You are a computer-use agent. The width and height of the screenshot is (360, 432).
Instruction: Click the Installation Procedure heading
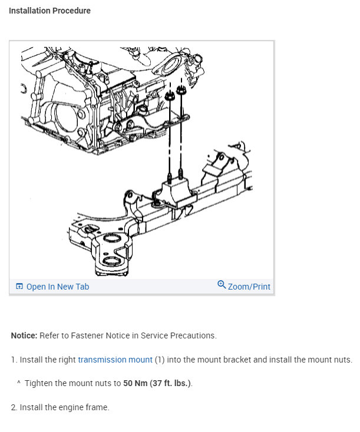49,11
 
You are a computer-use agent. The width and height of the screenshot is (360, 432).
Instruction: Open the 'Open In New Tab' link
58,287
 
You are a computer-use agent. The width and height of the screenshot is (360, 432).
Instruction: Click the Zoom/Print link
249,287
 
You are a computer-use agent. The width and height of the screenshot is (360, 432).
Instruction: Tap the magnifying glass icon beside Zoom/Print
222,284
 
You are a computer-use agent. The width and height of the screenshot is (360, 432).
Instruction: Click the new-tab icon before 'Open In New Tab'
19,286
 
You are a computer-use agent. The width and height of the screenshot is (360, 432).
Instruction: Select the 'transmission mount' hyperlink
115,360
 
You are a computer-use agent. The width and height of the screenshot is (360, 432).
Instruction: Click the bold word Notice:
24,335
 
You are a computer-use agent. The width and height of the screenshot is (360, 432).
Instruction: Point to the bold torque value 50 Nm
135,383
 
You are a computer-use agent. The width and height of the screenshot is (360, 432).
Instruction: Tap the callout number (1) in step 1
160,360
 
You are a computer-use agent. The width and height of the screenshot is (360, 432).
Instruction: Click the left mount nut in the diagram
170,96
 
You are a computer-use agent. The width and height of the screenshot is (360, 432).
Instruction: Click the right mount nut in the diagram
181,90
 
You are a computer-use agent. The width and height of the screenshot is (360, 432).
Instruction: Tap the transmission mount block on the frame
176,194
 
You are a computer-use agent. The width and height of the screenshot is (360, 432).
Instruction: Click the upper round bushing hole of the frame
111,238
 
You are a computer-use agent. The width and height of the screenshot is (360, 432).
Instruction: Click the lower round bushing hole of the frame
112,261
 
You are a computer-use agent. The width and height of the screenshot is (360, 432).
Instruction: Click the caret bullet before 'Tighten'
18,383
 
